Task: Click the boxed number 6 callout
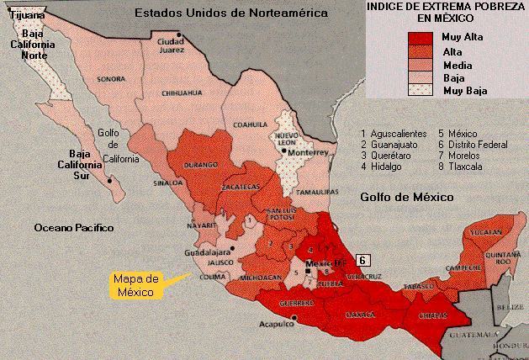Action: pyautogui.click(x=362, y=260)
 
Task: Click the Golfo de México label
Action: pyautogui.click(x=406, y=198)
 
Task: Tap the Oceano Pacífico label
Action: pyautogui.click(x=73, y=227)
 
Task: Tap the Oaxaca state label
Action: pyautogui.click(x=360, y=315)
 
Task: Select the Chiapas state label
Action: pyautogui.click(x=426, y=317)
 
